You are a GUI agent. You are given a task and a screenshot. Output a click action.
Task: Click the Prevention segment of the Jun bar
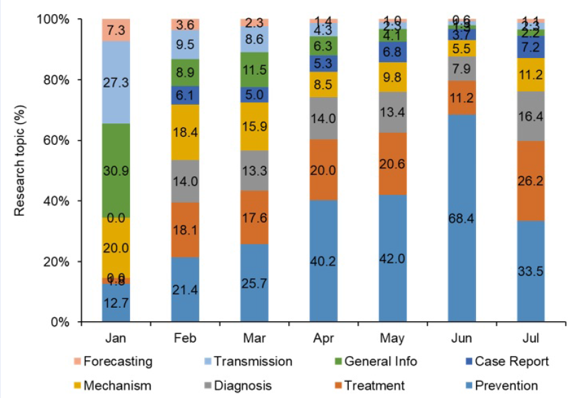pyautogui.click(x=462, y=218)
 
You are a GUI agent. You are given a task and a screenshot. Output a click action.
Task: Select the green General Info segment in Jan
pyautogui.click(x=116, y=170)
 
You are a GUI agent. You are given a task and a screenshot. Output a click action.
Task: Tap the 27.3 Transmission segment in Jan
pyautogui.click(x=116, y=82)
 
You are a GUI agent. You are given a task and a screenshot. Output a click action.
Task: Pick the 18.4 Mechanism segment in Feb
pyautogui.click(x=185, y=132)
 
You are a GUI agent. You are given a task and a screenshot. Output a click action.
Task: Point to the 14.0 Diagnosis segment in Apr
pyautogui.click(x=323, y=118)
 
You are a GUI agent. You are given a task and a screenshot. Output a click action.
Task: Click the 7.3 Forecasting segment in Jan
pyautogui.click(x=116, y=30)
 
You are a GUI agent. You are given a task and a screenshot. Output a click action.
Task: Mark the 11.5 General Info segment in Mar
pyautogui.click(x=255, y=69)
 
